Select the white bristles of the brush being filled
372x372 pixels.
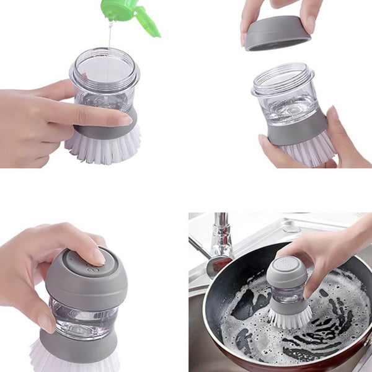click(102, 149)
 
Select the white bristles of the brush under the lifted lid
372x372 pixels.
click(308, 152)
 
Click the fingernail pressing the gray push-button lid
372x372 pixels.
click(97, 257)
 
